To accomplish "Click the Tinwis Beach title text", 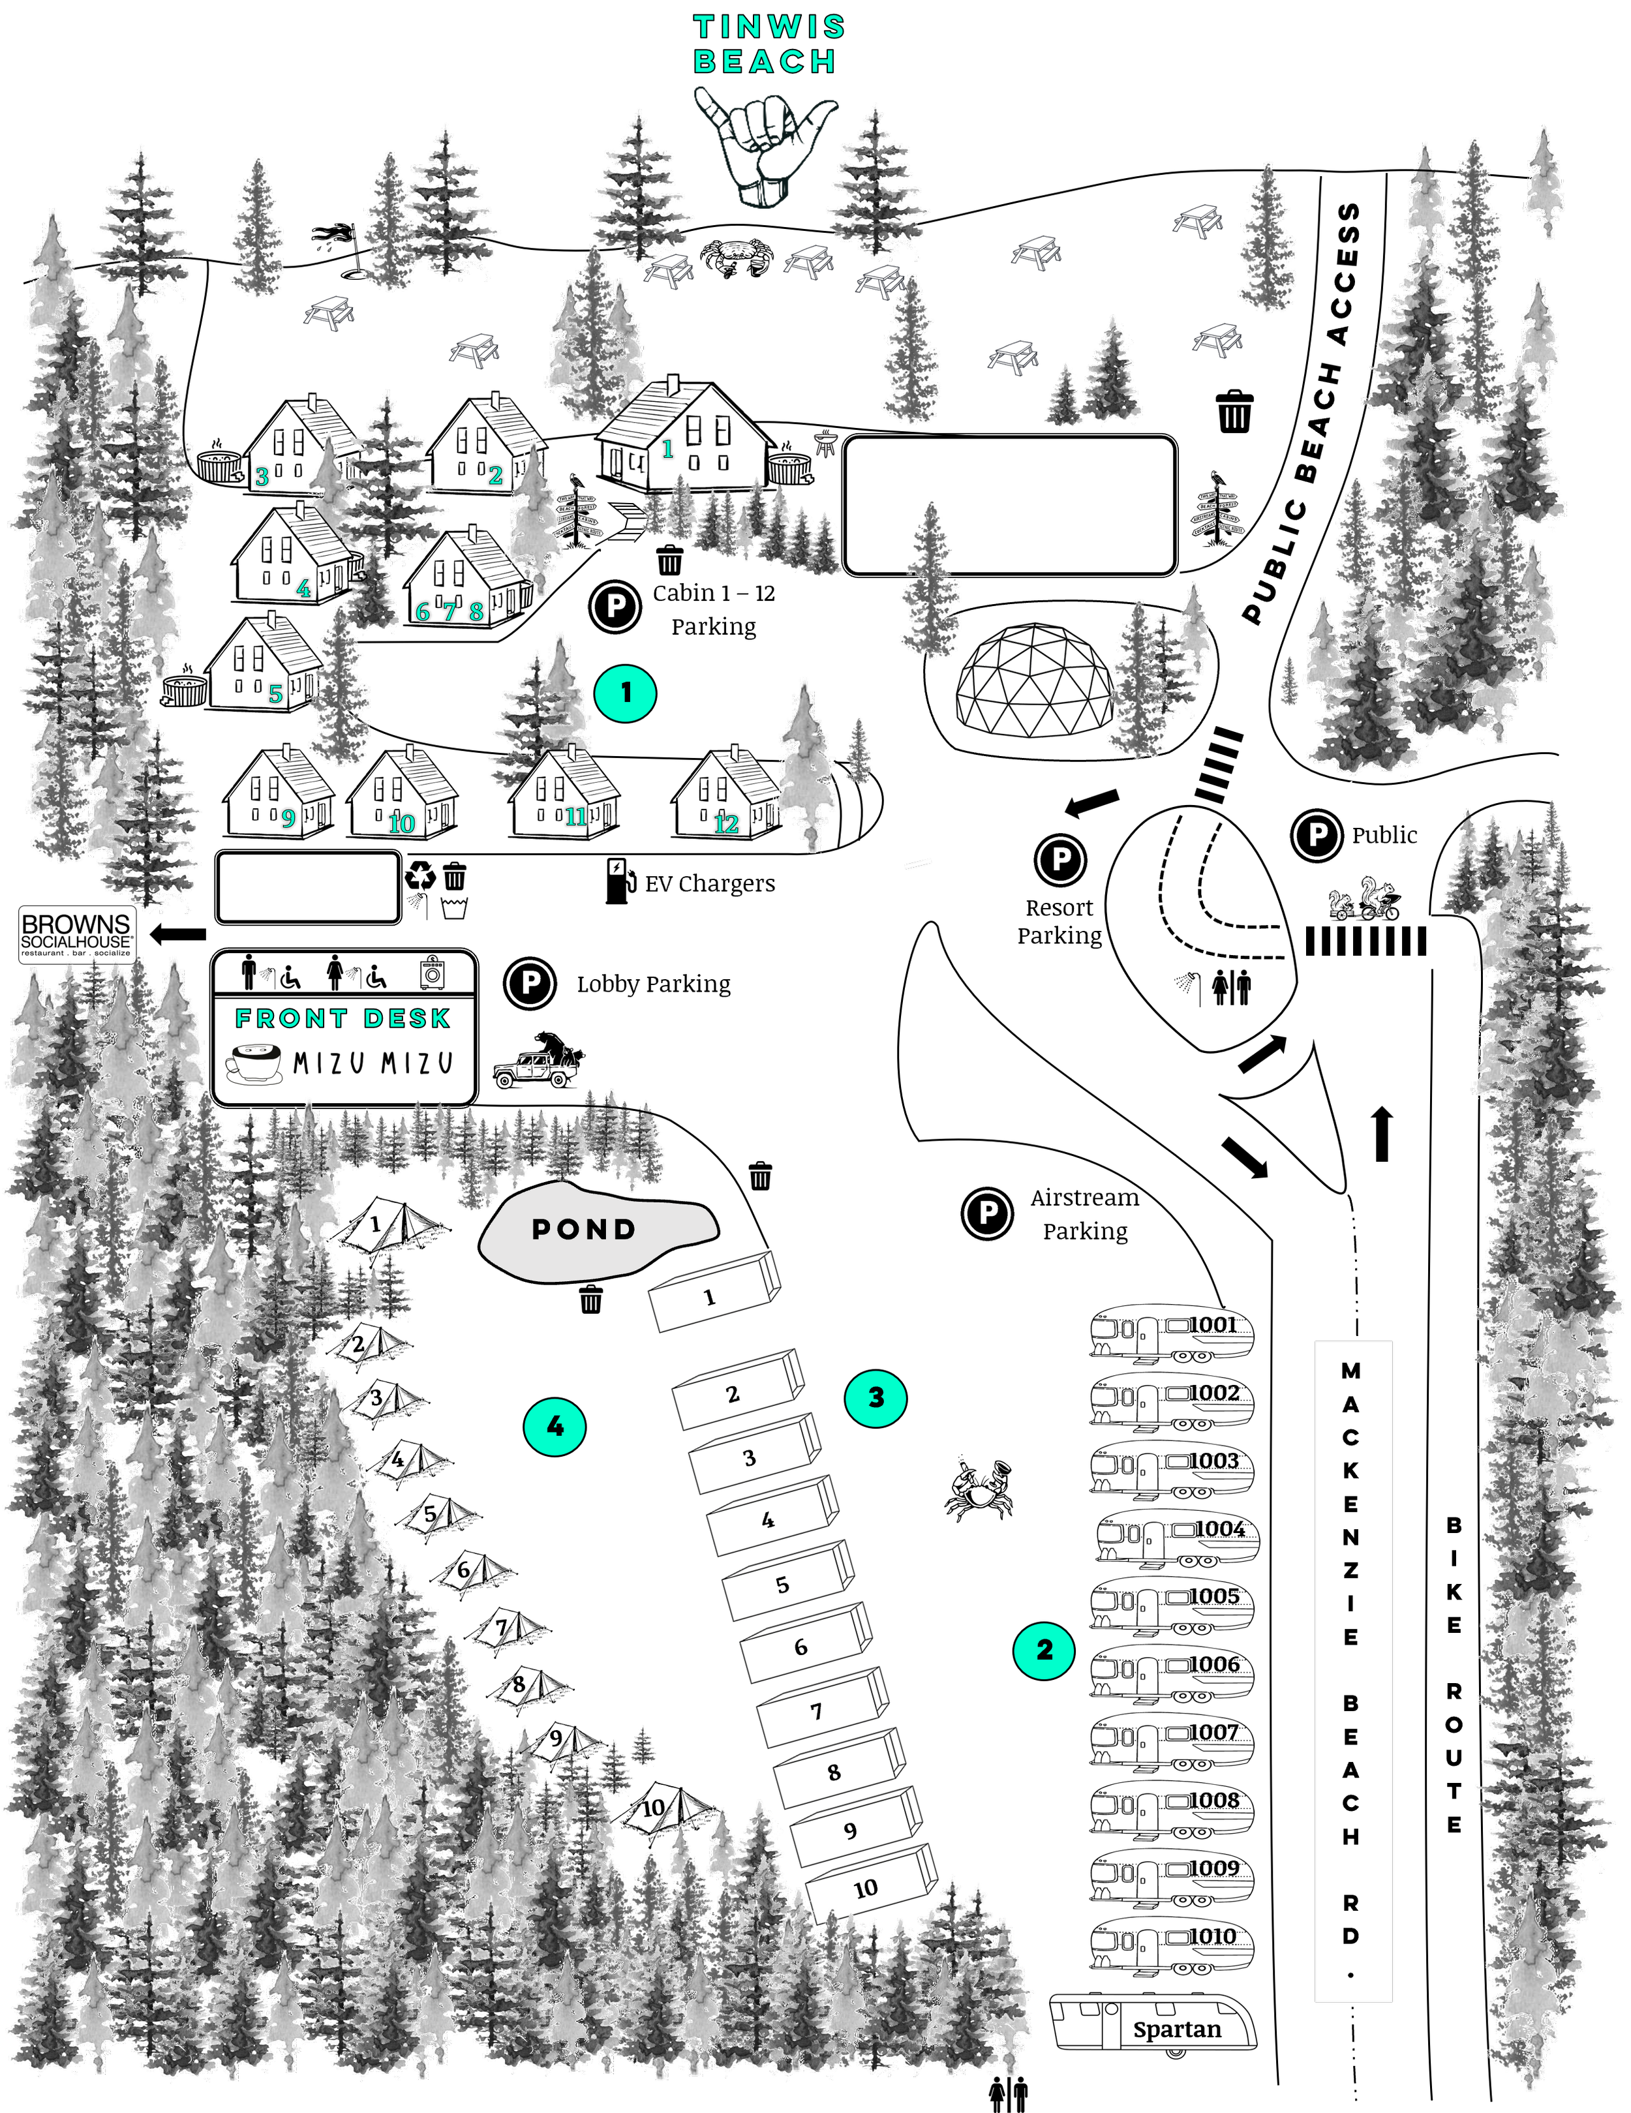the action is point(769,44).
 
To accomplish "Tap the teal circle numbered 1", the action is point(625,693).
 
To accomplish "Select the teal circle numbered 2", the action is point(1044,1650).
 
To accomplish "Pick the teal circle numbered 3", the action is point(876,1397).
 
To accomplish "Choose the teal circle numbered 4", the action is point(555,1426).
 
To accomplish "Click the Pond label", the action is point(585,1230).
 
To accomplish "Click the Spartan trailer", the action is point(1153,2022).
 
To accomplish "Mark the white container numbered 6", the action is point(804,1645).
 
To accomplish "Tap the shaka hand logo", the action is point(764,145).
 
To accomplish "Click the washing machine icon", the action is point(433,972).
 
